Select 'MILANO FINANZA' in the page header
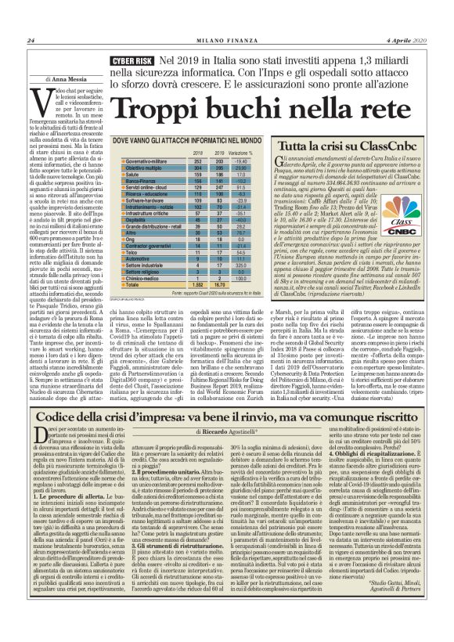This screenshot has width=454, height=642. coord(226,41)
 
